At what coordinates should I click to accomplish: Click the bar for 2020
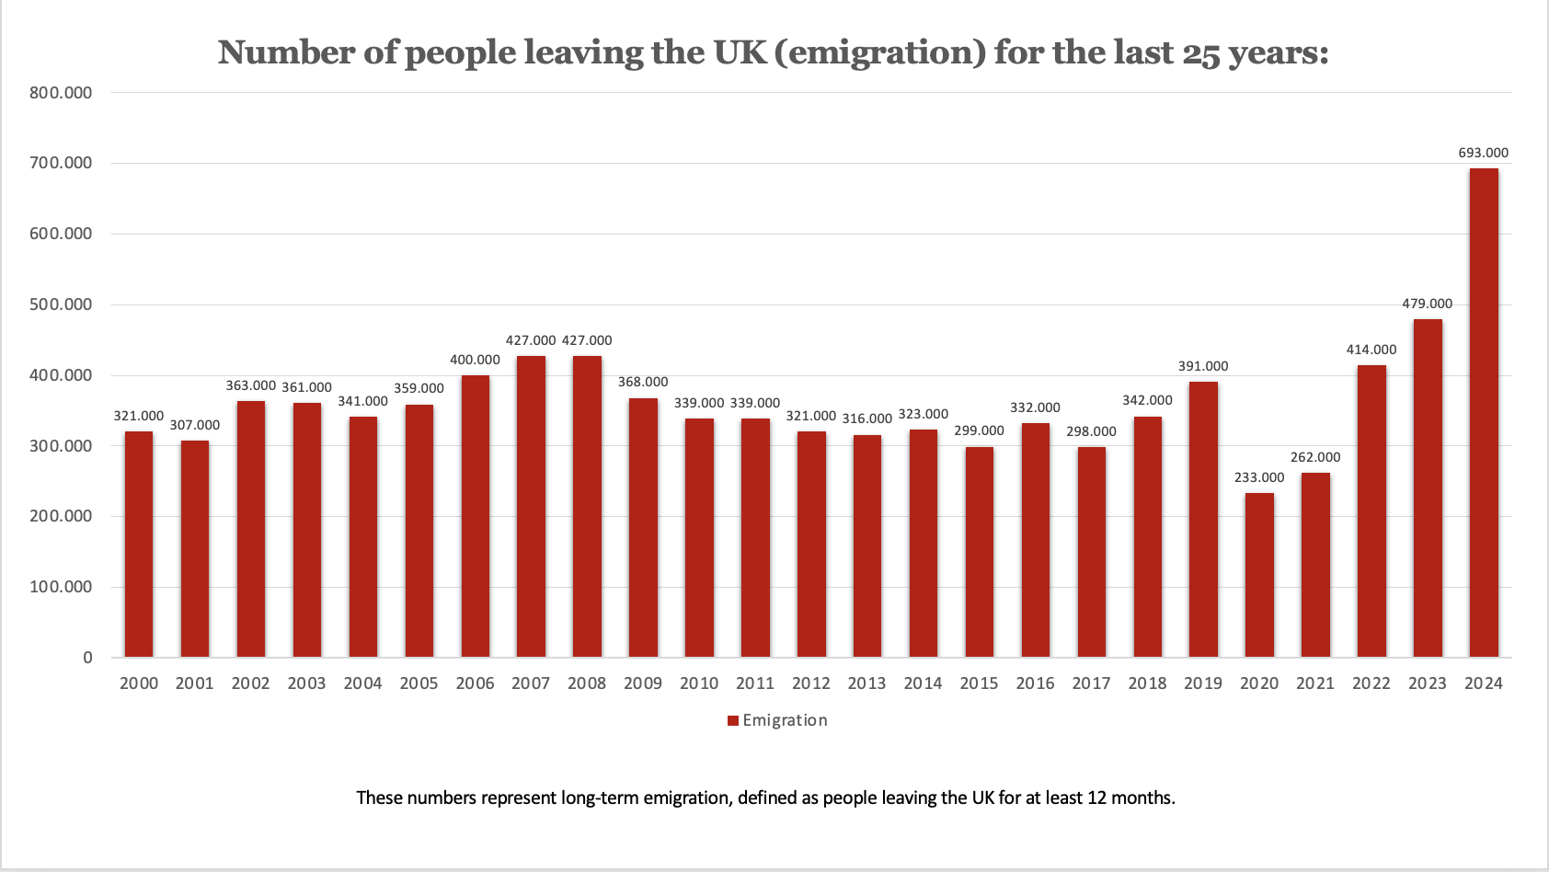point(1259,575)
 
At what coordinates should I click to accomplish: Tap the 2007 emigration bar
point(531,506)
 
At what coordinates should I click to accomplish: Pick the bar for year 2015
point(979,552)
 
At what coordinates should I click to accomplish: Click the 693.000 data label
point(1483,153)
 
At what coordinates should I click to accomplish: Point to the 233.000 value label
point(1259,477)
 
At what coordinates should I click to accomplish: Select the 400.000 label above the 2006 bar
point(475,360)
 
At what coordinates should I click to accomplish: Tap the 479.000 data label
point(1427,304)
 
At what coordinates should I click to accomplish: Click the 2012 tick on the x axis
point(810,683)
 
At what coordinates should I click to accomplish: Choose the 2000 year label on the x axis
point(139,683)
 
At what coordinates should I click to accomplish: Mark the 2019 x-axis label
point(1203,683)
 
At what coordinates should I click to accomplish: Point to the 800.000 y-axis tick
point(61,92)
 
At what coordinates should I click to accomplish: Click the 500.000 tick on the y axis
point(61,304)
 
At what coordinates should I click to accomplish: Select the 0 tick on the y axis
point(87,658)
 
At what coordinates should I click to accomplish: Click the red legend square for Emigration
point(733,721)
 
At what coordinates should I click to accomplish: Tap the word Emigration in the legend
point(785,720)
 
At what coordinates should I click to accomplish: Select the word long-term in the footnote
point(600,797)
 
